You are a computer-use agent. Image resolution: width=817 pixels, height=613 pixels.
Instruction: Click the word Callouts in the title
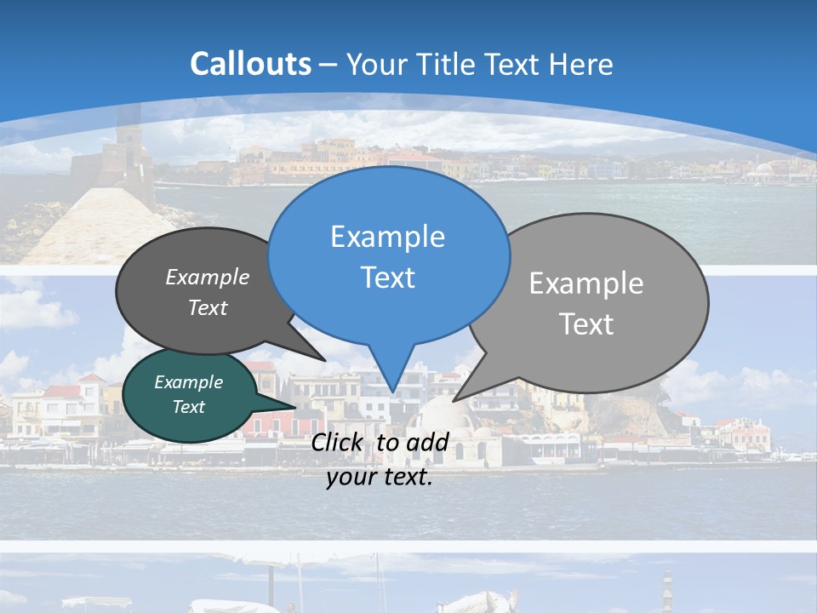pos(250,64)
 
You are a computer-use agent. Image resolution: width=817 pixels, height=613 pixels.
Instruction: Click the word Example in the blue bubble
pos(387,237)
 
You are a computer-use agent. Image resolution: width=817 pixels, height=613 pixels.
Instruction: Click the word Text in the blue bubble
pos(387,278)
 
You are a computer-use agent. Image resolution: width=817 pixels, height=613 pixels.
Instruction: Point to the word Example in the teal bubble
pos(188,382)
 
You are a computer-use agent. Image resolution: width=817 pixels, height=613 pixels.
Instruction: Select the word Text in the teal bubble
pos(188,407)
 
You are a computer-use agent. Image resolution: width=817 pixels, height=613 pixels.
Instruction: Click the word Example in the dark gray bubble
pos(208,277)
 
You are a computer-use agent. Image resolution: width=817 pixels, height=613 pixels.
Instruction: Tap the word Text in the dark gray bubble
pos(208,307)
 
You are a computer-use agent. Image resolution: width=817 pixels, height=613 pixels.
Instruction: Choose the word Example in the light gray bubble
pos(586,284)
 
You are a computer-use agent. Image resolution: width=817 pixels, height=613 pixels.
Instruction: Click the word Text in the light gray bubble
pos(586,324)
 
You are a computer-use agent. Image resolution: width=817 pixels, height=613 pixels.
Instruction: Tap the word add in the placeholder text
pos(427,443)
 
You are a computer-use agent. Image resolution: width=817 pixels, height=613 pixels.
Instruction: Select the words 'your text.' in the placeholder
pos(380,477)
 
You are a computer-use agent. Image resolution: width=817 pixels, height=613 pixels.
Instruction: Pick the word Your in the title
pos(374,65)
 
